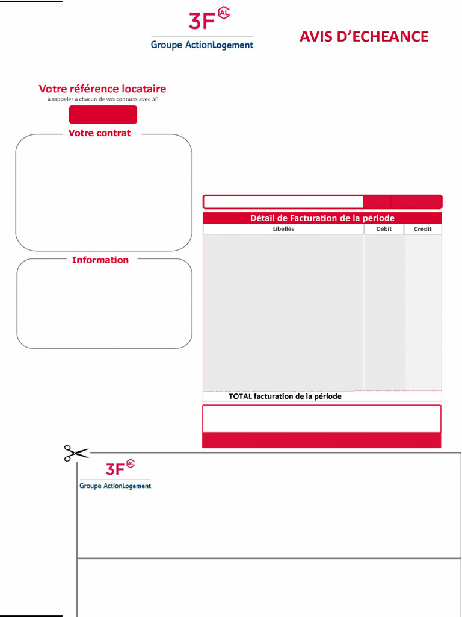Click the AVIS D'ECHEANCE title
tap(364, 36)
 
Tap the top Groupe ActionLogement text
tap(202, 45)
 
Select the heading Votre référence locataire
tap(102, 89)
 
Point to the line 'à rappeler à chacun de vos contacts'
tap(102, 99)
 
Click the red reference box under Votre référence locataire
tap(103, 114)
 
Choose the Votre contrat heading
tap(99, 133)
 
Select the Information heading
tap(100, 260)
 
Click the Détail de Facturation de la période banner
tap(322, 218)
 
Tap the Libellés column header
tap(283, 229)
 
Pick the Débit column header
tap(383, 229)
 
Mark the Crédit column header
tap(422, 229)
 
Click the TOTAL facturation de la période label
tap(285, 396)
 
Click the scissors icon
tap(76, 453)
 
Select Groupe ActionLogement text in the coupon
tap(115, 486)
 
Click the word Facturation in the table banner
tap(316, 218)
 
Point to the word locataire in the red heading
tap(143, 89)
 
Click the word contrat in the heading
tap(115, 133)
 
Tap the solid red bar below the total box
tap(321, 440)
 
